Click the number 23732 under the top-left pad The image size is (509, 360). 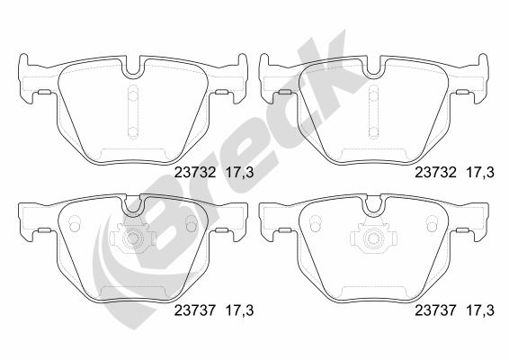coord(195,173)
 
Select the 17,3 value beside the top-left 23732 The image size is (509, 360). coord(239,173)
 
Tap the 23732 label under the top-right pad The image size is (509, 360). coord(436,173)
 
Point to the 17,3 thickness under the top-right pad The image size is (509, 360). coord(480,173)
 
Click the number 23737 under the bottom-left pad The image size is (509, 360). coord(195,310)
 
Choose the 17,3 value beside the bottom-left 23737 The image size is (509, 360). coord(239,310)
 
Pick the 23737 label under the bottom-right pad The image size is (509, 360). coord(436,310)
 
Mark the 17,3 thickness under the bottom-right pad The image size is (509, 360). coord(480,310)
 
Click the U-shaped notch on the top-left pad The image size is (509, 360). coord(132,76)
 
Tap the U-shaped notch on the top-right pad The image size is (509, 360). coord(373,76)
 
